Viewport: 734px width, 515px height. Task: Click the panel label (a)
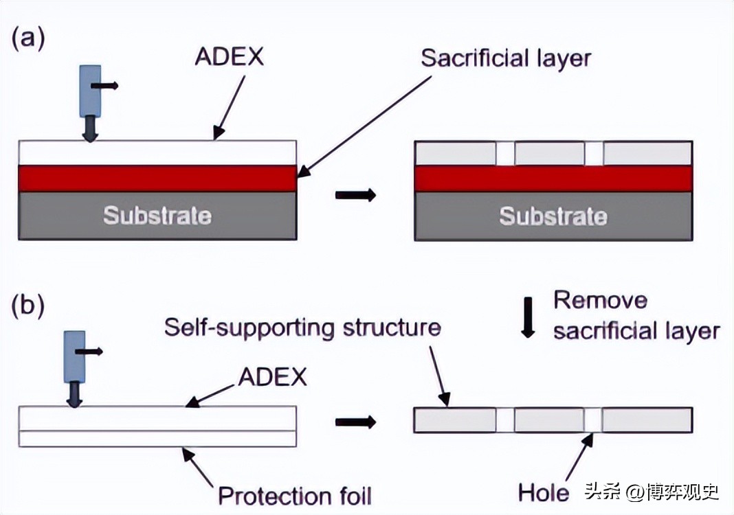point(28,39)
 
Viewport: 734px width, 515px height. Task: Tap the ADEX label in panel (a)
point(229,57)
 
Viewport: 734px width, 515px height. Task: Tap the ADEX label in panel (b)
point(272,376)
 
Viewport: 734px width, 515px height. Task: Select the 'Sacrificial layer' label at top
point(506,58)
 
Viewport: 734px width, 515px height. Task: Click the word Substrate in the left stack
point(157,216)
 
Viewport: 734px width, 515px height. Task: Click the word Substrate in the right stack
point(553,216)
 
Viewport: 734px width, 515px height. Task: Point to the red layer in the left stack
point(157,179)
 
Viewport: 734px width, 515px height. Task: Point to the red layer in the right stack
point(553,179)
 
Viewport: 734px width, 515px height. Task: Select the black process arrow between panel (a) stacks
point(355,195)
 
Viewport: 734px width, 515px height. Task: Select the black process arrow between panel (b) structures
point(355,421)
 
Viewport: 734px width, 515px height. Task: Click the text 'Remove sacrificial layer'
point(636,316)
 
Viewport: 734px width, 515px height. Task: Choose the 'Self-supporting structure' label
point(302,327)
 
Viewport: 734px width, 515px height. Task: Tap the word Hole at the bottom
point(544,492)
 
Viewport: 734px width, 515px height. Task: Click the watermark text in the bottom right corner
point(651,492)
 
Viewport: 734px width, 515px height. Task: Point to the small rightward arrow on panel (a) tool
point(107,86)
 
